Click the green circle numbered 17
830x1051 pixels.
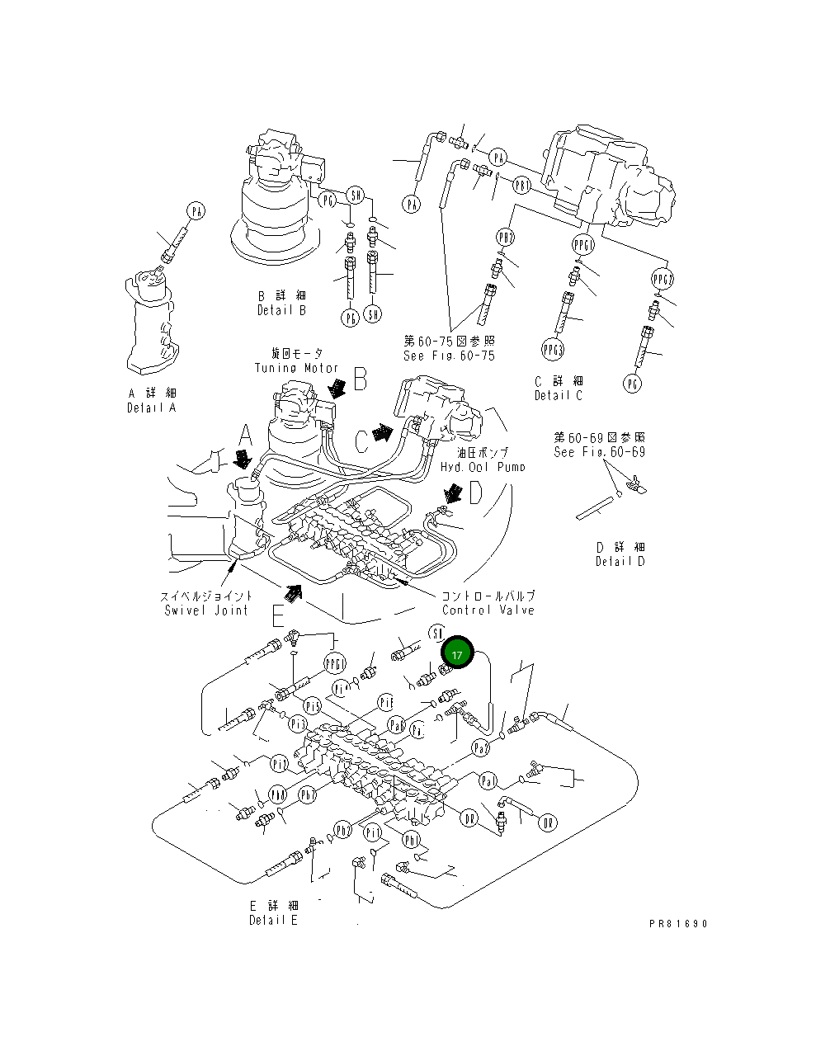[x=457, y=653]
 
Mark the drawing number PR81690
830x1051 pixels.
[x=678, y=924]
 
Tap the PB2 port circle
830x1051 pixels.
[x=505, y=238]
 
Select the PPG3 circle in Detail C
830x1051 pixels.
[x=553, y=349]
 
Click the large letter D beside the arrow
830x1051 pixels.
[x=476, y=493]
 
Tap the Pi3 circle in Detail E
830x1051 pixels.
[x=297, y=723]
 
